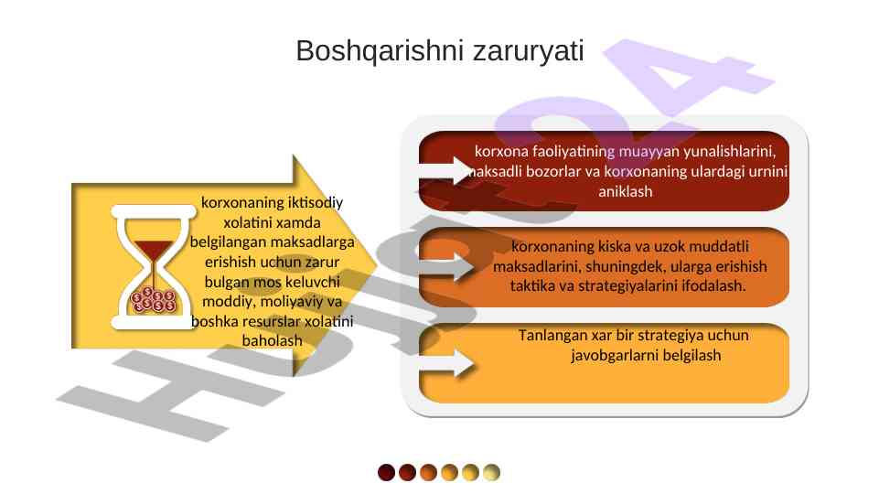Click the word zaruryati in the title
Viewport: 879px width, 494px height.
(x=529, y=51)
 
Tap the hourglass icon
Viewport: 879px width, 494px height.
(x=153, y=267)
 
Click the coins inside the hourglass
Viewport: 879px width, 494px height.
(x=153, y=300)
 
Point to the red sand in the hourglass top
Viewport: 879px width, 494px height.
(x=153, y=250)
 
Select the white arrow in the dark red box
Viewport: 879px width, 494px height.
(x=446, y=170)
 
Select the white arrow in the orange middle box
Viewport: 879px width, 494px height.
(x=446, y=266)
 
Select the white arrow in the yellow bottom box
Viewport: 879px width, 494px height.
(x=446, y=363)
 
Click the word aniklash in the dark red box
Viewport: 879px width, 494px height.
(x=625, y=192)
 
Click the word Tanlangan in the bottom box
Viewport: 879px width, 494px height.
(x=551, y=336)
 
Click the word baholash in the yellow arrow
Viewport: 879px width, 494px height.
(x=272, y=341)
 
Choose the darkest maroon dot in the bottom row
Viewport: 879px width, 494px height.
(x=386, y=473)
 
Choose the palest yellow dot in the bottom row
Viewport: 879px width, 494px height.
(x=491, y=473)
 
